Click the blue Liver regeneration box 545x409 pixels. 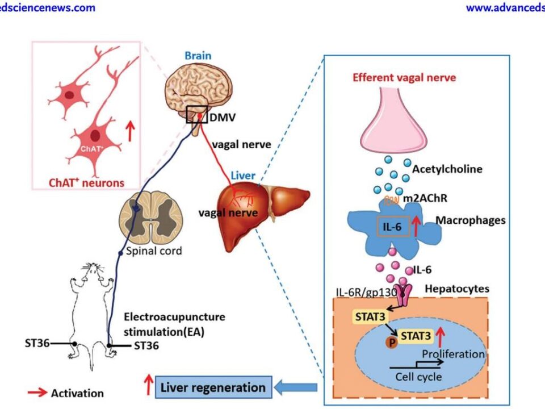click(x=213, y=388)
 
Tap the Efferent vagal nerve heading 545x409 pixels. click(x=404, y=78)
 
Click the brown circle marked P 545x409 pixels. click(x=391, y=342)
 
